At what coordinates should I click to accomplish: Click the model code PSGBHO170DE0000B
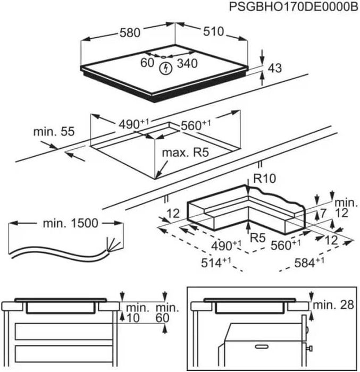point(290,7)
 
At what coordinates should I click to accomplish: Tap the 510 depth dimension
point(213,31)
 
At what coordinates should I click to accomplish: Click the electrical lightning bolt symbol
point(166,67)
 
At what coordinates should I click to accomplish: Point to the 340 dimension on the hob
point(187,64)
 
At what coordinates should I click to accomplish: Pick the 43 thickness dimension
point(275,68)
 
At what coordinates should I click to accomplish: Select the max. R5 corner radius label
point(184,154)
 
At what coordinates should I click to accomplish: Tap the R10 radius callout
point(264,179)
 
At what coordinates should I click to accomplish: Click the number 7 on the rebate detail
point(323,214)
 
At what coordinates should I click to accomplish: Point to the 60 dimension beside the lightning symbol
point(147,63)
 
